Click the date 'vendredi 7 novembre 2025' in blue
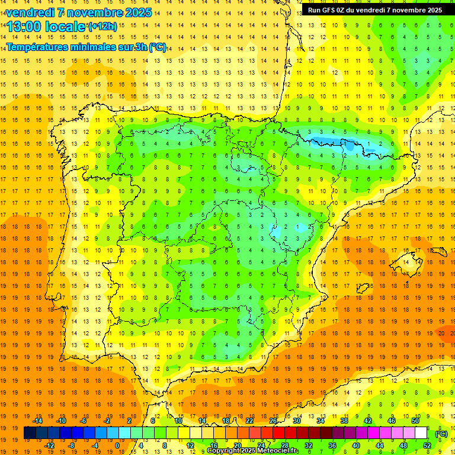(79, 12)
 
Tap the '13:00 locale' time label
(46, 26)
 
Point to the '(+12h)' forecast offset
(102, 26)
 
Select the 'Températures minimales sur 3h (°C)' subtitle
(86, 47)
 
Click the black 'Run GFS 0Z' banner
(374, 10)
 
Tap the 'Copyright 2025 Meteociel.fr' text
(253, 451)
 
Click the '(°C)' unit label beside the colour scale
(441, 434)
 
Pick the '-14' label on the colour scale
(37, 421)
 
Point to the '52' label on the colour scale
(427, 446)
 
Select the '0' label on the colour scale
(117, 446)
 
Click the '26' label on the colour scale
(273, 421)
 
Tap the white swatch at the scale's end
(421, 433)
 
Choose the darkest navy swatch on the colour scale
(30, 433)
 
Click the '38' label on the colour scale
(344, 421)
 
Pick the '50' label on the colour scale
(415, 421)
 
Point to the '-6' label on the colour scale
(84, 421)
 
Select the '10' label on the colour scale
(178, 421)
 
